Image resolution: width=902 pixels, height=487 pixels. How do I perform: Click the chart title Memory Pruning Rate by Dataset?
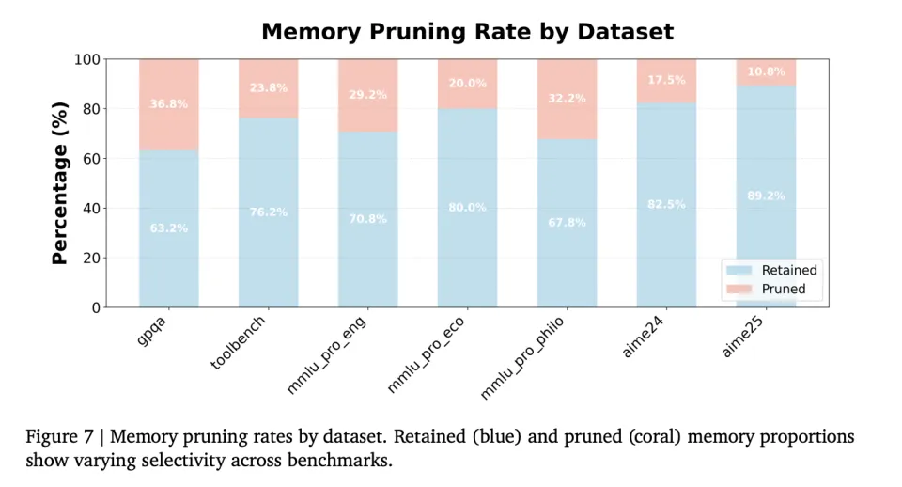pyautogui.click(x=467, y=31)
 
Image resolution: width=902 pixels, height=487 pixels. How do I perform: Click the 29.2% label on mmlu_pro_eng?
pyautogui.click(x=367, y=96)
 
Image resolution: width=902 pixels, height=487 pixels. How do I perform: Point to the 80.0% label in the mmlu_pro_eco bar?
pyautogui.click(x=467, y=208)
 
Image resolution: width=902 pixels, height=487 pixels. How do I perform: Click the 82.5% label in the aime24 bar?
pyautogui.click(x=666, y=204)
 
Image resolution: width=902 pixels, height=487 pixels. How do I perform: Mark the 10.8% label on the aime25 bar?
pyautogui.click(x=766, y=71)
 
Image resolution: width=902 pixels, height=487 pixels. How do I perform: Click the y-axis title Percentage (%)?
pyautogui.click(x=60, y=183)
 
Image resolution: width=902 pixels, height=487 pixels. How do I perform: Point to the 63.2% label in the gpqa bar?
pyautogui.click(x=169, y=228)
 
